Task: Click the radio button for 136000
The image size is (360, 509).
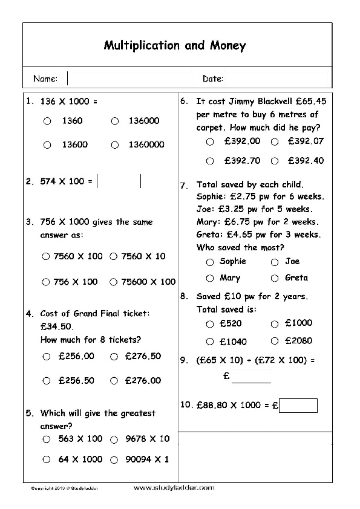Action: coord(114,121)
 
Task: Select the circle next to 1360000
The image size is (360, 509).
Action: coord(114,145)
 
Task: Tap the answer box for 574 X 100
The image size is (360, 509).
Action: coord(119,181)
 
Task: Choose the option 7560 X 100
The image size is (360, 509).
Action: coord(47,256)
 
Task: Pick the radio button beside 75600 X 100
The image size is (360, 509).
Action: coord(114,282)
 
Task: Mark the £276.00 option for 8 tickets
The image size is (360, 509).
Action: coord(114,381)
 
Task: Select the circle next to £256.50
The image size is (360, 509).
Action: coord(47,381)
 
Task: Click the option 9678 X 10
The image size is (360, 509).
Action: coord(114,439)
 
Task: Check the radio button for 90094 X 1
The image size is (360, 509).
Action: coord(114,459)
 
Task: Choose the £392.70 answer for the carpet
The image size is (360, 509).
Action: coord(210,161)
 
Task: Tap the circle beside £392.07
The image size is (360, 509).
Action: coord(275,141)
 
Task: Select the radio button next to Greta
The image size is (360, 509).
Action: coord(275,278)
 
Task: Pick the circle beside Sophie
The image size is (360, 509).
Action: coord(210,262)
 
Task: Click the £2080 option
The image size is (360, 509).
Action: coord(275,341)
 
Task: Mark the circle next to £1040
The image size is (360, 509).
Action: coord(210,342)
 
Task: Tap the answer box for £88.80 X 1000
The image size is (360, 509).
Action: coord(298,405)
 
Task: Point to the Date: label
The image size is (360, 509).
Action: coord(213,79)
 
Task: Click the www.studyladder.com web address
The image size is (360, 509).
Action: coord(173,487)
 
